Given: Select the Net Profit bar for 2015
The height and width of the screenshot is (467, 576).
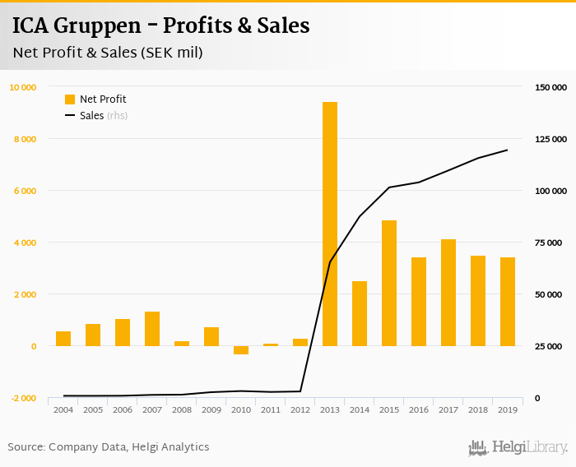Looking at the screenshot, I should coord(389,283).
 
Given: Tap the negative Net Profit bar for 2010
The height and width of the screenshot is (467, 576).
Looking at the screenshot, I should coord(241,350).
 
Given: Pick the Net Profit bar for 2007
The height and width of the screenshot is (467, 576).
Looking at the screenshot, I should coord(152,329).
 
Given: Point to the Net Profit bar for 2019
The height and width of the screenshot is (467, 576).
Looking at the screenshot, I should coord(508,302).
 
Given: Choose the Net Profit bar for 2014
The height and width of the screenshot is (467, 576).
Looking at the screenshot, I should coord(360,313).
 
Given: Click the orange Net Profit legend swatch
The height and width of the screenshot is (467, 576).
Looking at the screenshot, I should coord(70,99).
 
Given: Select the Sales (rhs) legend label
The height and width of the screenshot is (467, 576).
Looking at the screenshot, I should coord(103,116).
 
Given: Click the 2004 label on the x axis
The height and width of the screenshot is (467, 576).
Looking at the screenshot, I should coord(63,409).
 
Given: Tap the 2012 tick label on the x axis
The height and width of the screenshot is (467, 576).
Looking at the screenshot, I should coord(300,409).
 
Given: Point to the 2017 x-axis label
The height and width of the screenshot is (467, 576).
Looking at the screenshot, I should coord(448,409).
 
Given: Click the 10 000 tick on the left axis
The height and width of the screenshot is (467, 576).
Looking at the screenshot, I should coord(23,87).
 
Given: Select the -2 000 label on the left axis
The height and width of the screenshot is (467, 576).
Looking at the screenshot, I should coord(23,398).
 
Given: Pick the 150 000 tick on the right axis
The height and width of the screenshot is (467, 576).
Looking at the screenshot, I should coord(550,87).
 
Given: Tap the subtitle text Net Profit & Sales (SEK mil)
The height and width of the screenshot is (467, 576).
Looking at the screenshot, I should coord(108,53).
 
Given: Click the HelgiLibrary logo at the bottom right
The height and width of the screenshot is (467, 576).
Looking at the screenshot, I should coord(518,447).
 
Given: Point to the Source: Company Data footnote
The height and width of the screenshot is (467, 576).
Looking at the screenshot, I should coord(109,447).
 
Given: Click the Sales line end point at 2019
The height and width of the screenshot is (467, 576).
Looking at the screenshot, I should coord(508,150).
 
